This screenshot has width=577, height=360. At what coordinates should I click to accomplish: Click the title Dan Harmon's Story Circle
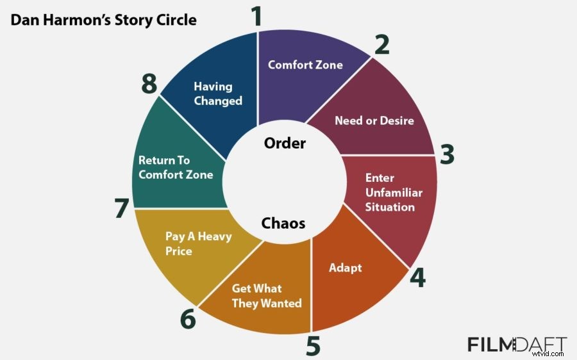click(x=103, y=20)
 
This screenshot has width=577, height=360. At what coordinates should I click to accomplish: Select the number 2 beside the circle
click(x=381, y=45)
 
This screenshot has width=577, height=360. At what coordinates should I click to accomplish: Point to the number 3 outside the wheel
click(x=447, y=154)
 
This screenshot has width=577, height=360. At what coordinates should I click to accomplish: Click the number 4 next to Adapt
click(x=417, y=277)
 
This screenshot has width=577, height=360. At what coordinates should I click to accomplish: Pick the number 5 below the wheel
click(x=312, y=346)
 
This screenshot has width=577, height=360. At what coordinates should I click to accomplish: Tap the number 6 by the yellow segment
click(x=188, y=318)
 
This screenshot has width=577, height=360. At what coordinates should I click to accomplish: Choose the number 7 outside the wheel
click(x=122, y=209)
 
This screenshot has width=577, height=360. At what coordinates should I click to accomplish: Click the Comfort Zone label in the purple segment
click(x=305, y=65)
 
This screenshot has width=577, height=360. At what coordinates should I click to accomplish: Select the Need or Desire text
click(x=374, y=120)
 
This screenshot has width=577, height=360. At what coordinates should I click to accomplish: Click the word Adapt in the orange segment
click(x=345, y=267)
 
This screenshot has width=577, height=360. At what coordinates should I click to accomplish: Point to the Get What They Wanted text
click(x=267, y=296)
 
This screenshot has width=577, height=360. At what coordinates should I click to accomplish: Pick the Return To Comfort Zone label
click(x=176, y=168)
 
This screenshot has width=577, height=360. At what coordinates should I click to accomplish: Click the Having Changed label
click(x=218, y=94)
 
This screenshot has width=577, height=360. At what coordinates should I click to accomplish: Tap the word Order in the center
click(x=285, y=143)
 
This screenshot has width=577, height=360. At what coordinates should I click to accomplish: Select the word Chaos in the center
click(x=283, y=224)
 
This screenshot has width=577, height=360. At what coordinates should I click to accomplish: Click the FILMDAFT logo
click(x=517, y=345)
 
